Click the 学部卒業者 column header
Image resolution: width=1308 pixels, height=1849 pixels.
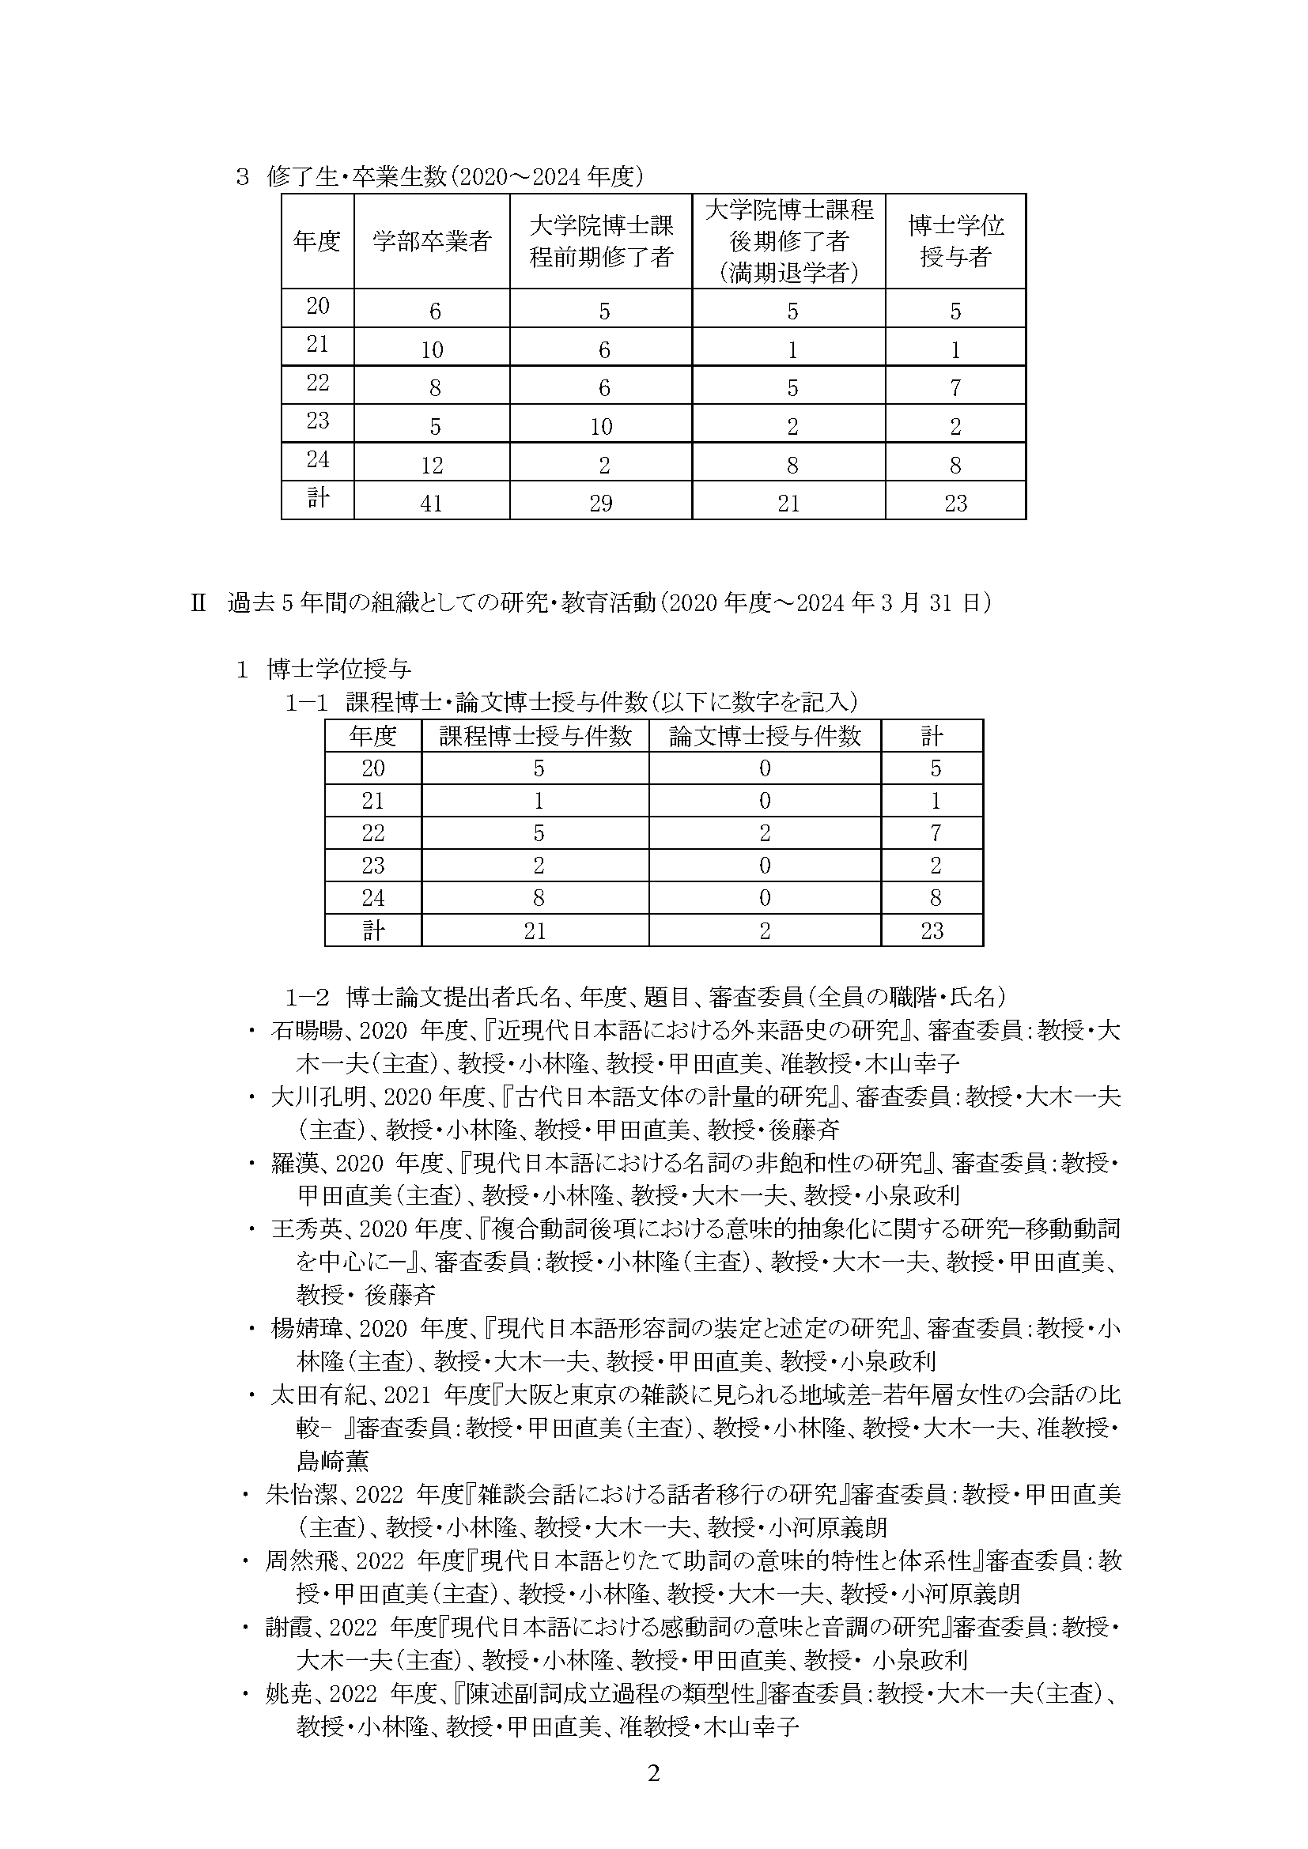[432, 241]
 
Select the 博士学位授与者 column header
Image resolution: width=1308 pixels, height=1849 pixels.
[955, 241]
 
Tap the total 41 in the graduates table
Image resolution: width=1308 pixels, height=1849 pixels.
[432, 504]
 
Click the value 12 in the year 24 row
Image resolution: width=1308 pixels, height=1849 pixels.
[432, 465]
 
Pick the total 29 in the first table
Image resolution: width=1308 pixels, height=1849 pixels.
[601, 504]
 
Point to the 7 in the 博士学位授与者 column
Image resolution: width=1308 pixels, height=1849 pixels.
[955, 388]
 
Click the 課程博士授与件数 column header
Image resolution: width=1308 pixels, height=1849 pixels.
[535, 736]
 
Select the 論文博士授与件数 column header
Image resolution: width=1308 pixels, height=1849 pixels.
[766, 736]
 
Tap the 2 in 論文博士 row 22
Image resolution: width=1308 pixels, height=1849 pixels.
[766, 833]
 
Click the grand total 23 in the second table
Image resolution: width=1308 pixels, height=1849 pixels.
[932, 932]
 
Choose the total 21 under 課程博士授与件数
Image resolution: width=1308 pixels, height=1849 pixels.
[535, 932]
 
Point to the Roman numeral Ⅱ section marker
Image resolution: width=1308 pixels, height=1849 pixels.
[198, 603]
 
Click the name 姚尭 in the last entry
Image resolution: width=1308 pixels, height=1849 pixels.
[289, 1694]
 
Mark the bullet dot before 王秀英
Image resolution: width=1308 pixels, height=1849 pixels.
[253, 1230]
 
